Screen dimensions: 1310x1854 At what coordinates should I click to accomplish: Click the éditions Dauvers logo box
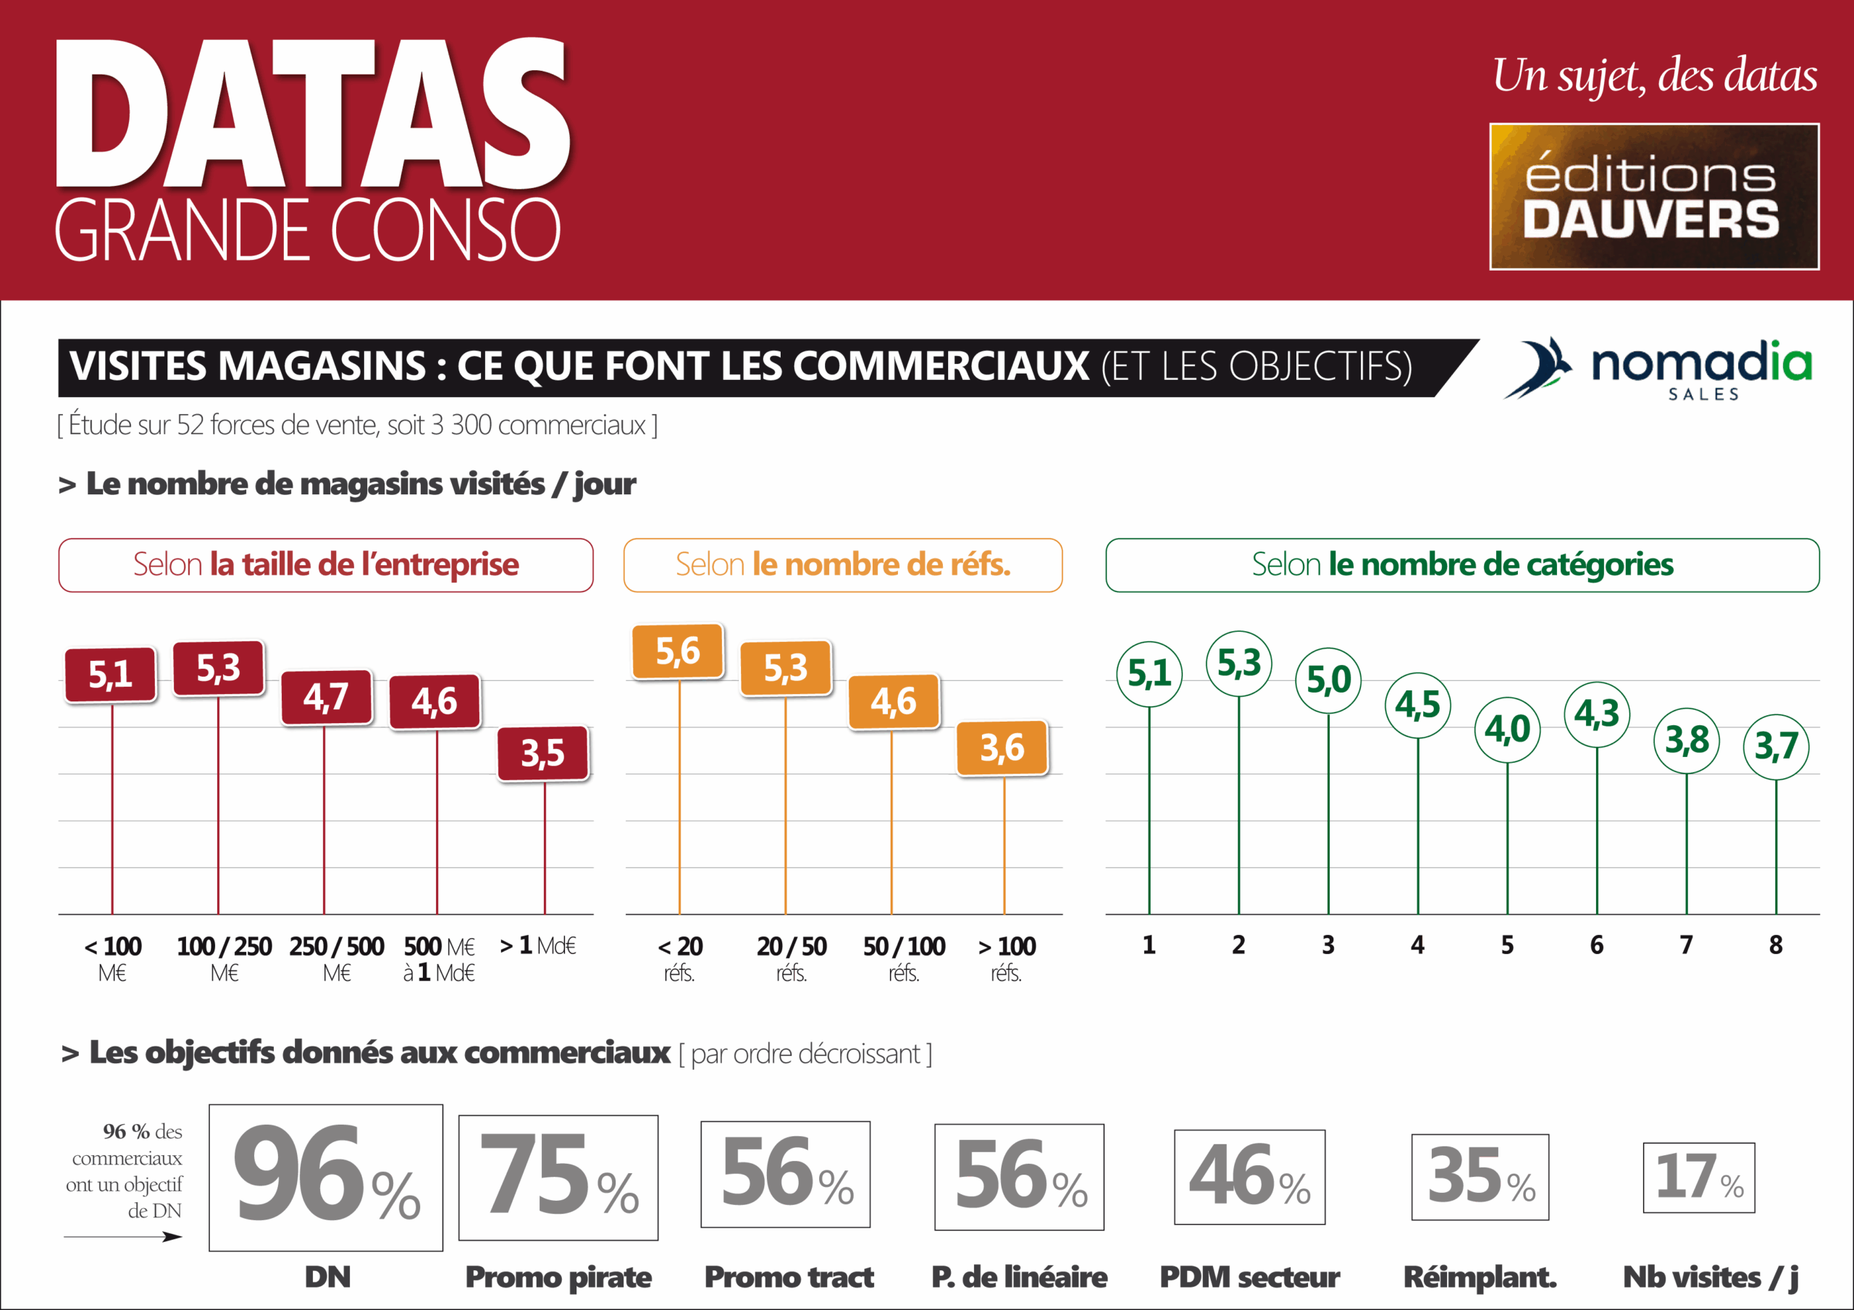[x=1653, y=196]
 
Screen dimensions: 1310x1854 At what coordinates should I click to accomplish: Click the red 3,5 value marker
[x=542, y=753]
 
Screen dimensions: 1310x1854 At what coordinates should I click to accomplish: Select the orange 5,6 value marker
[x=677, y=651]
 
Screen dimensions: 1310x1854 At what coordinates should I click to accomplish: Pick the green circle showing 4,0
[x=1507, y=730]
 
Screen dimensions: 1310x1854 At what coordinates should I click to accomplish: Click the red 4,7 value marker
[x=326, y=696]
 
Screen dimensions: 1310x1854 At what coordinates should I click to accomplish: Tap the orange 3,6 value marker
[x=1002, y=748]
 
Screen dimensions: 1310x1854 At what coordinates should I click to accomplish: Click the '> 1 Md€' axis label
[x=538, y=945]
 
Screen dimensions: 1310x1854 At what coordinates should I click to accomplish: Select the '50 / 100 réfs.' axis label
[x=904, y=958]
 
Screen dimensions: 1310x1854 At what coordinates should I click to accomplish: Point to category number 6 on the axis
[x=1596, y=945]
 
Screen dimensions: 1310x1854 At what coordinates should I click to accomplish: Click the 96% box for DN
[x=325, y=1177]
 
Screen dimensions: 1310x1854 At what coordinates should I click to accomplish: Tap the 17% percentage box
[x=1698, y=1177]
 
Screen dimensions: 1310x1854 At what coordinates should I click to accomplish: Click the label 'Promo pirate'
[x=558, y=1277]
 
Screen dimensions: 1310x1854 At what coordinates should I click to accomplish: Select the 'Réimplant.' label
[x=1480, y=1277]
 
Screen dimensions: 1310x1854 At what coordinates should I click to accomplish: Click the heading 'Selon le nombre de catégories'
[x=1461, y=565]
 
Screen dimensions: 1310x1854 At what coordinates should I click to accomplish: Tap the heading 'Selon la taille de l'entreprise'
[x=325, y=565]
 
